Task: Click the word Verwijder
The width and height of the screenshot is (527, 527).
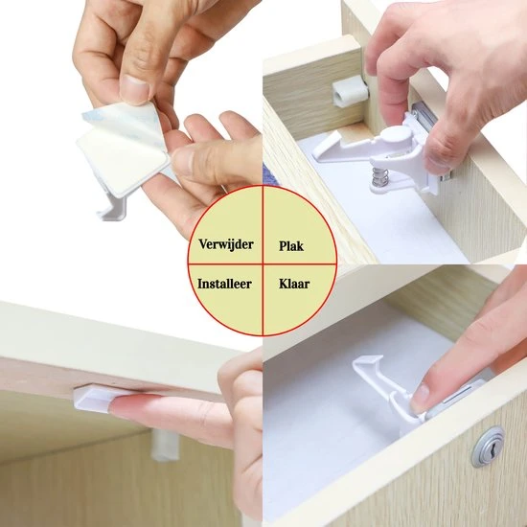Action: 226,244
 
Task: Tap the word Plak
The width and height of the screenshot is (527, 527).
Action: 291,246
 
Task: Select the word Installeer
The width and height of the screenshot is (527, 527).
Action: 224,284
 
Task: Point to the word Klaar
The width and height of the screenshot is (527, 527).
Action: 294,284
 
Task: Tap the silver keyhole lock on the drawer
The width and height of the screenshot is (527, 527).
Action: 488,447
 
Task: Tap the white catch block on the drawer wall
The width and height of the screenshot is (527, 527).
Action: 350,91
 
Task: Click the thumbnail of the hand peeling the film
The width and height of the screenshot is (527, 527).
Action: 135,87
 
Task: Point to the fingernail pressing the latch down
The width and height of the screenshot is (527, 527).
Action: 420,398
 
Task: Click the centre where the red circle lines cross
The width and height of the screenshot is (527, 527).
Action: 263,263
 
